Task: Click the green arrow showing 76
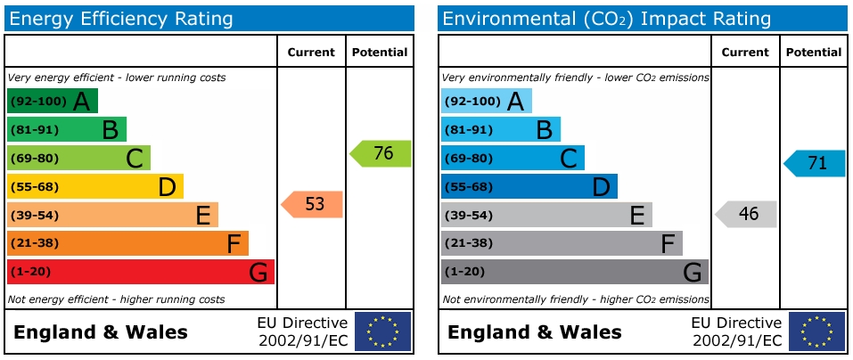tap(381, 153)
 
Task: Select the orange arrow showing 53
tap(312, 204)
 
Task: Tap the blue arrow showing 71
tap(815, 163)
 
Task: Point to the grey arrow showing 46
tap(746, 214)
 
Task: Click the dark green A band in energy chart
tap(52, 101)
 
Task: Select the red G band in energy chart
tap(140, 272)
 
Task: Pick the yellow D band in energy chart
tap(94, 186)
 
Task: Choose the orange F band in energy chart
tap(127, 243)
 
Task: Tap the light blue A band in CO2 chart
tap(486, 101)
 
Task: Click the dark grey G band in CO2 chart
tap(574, 272)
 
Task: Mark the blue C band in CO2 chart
tap(513, 158)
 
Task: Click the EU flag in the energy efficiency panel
tap(383, 331)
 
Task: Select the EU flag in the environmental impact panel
tap(816, 331)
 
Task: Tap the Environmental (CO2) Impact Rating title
tap(606, 18)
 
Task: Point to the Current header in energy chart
tap(311, 53)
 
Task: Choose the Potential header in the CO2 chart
tap(812, 53)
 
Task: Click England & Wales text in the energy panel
tap(101, 332)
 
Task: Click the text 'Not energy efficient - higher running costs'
tap(116, 299)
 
